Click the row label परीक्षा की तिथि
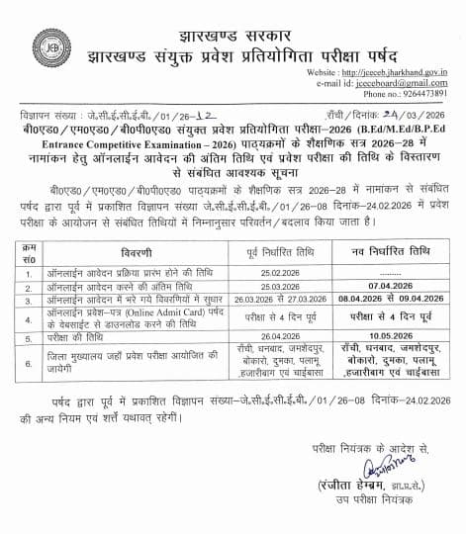click(80, 333)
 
